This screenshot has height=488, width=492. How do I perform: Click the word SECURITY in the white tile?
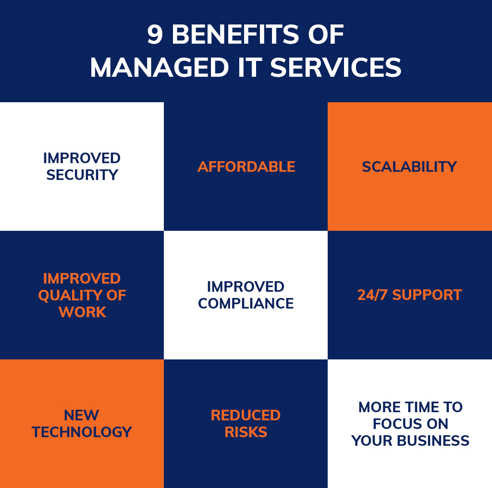click(x=82, y=175)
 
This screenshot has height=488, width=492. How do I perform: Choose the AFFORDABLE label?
click(x=246, y=167)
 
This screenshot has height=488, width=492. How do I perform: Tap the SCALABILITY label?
click(x=409, y=167)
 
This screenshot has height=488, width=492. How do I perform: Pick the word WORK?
click(x=82, y=312)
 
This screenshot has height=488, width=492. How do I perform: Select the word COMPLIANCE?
click(x=246, y=303)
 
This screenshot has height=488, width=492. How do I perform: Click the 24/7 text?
click(x=372, y=295)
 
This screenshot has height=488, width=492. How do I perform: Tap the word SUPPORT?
click(x=427, y=295)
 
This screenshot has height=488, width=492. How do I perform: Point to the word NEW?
click(x=82, y=415)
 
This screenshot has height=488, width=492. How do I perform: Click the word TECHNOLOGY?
click(x=82, y=432)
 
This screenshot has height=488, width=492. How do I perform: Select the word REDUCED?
click(x=246, y=415)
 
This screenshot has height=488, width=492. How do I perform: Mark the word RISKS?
click(x=246, y=432)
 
